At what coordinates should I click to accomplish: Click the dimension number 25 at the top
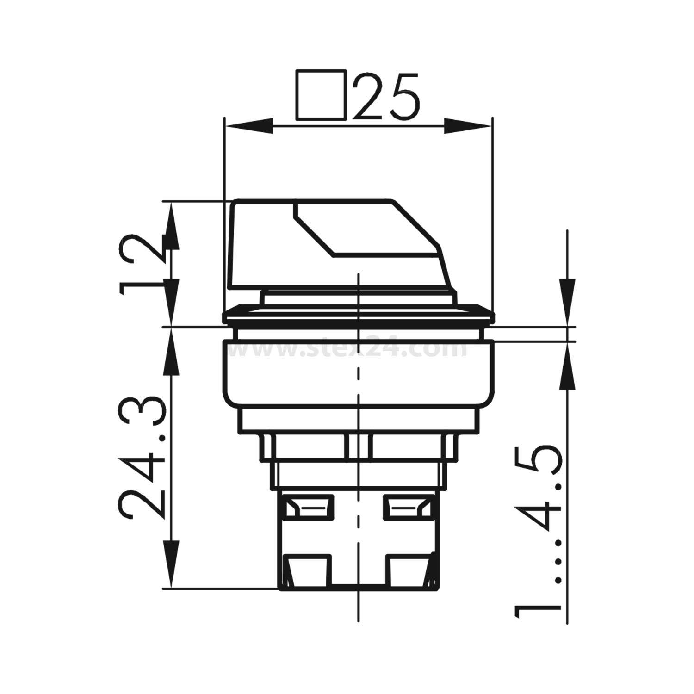click(x=388, y=96)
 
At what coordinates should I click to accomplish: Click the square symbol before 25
click(x=321, y=96)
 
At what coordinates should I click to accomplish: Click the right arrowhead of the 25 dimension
click(x=467, y=126)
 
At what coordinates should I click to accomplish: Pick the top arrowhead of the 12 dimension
click(x=171, y=222)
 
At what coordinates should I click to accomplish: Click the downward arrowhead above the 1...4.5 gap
click(x=568, y=301)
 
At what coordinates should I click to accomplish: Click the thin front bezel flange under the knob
click(x=358, y=315)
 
